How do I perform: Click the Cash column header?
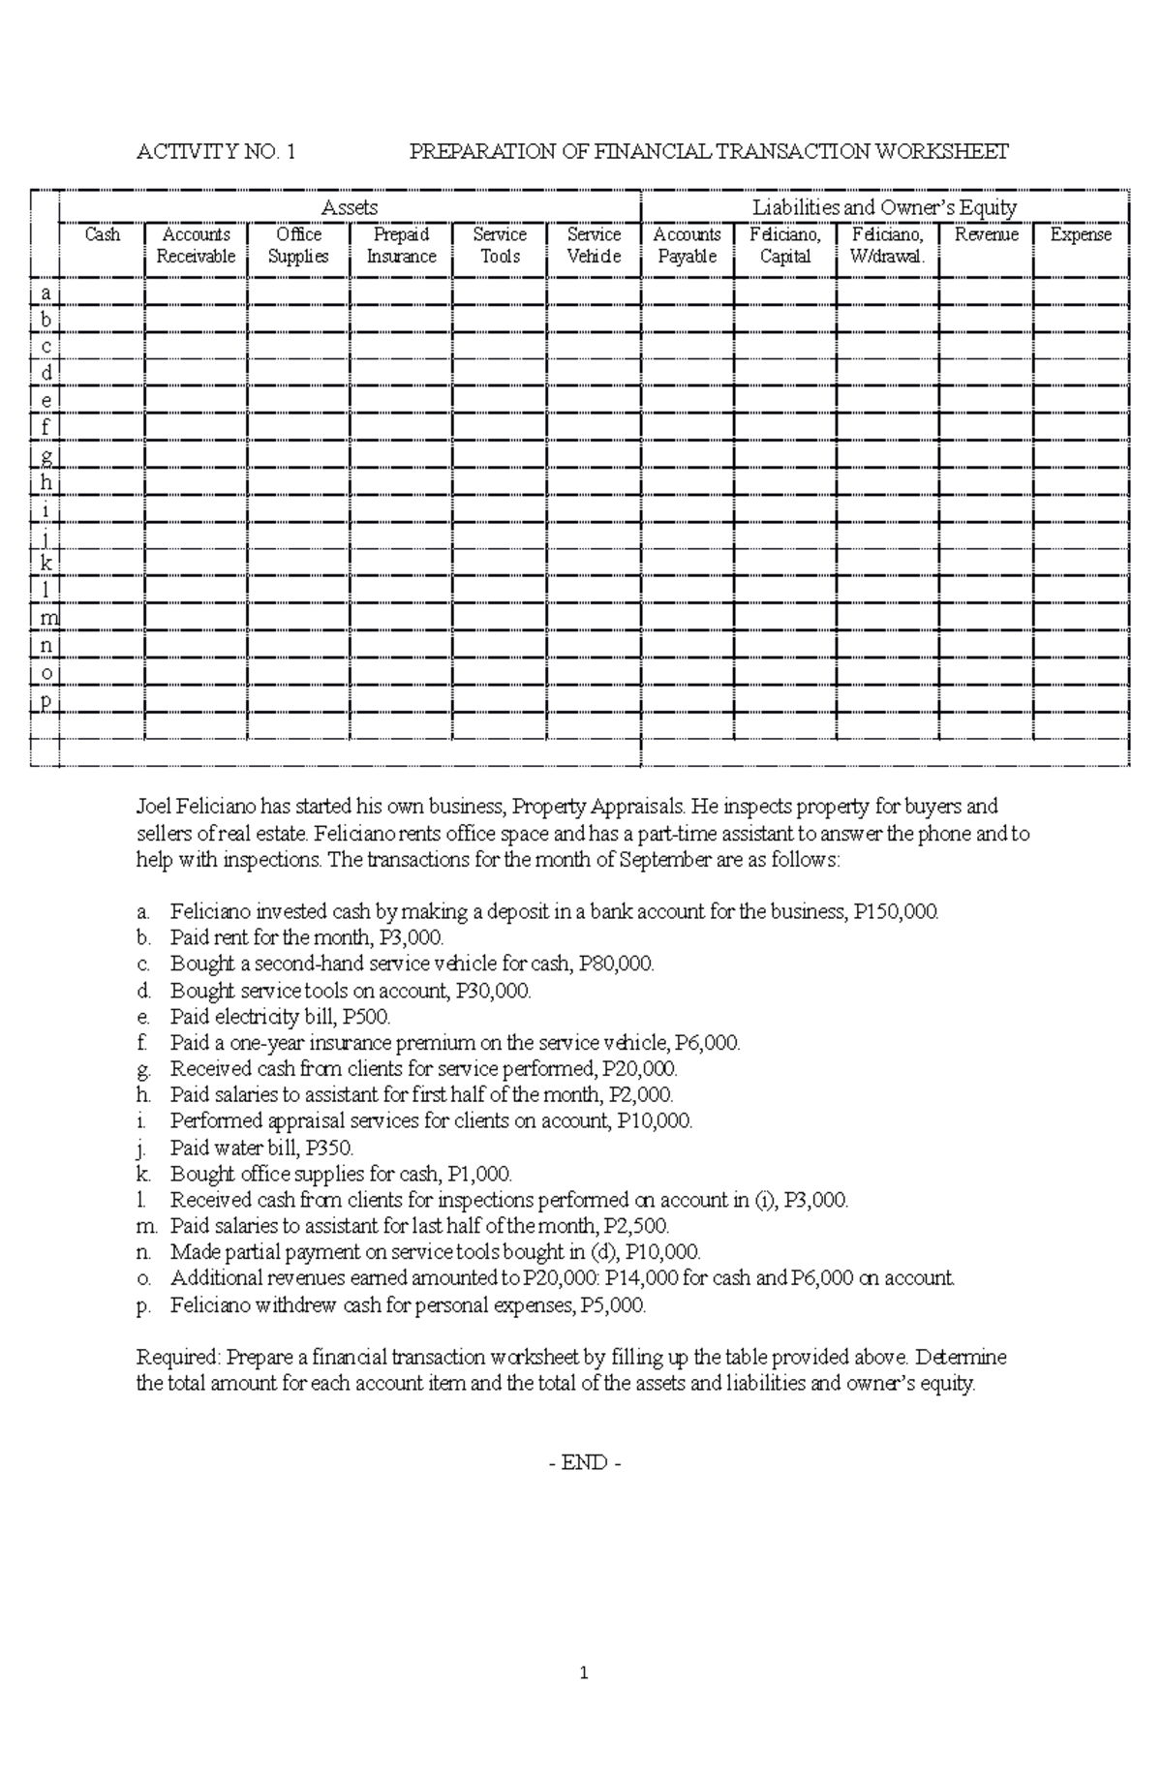[103, 234]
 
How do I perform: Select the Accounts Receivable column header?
[197, 245]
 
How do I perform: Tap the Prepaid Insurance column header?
[401, 245]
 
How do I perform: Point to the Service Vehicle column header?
[594, 245]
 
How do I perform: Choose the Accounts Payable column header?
[687, 245]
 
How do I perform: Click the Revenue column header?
[986, 234]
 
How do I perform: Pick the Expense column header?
[1081, 234]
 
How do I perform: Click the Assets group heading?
[350, 207]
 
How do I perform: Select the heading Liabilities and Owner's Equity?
[884, 207]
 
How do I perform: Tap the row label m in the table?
[46, 618]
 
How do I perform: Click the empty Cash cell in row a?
[103, 292]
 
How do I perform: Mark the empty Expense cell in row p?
[1081, 699]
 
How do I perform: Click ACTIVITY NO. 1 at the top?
[216, 152]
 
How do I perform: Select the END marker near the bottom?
[584, 1463]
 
